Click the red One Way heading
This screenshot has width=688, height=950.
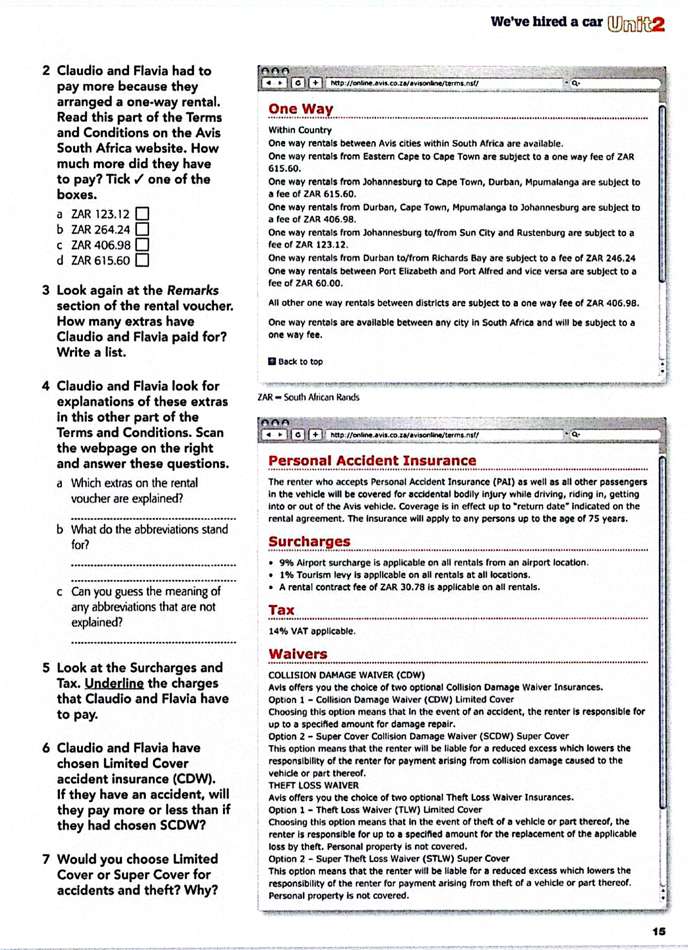[x=301, y=109]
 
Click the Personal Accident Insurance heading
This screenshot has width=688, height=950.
[x=372, y=461]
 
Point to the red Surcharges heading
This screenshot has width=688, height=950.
[x=309, y=541]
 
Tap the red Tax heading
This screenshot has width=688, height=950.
[x=281, y=610]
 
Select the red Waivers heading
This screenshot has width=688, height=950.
[x=298, y=654]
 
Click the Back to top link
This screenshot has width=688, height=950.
[x=300, y=362]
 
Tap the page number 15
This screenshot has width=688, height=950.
[x=659, y=932]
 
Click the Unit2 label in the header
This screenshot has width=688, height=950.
[x=636, y=23]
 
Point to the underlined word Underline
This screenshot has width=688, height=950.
[x=114, y=683]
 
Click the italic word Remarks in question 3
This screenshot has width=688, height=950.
[x=193, y=290]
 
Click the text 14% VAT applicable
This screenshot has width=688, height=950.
[x=312, y=631]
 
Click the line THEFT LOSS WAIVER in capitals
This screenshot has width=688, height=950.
[x=313, y=785]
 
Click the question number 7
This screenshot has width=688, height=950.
[x=46, y=859]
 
